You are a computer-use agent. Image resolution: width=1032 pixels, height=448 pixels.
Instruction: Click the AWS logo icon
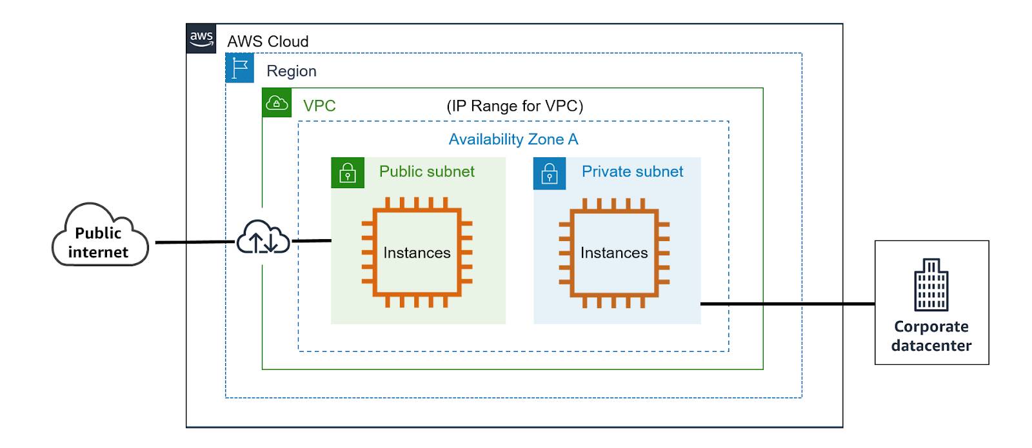(201, 38)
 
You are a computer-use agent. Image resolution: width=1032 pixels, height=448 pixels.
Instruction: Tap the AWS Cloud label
(268, 41)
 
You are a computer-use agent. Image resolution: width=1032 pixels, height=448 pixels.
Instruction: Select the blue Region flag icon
(239, 68)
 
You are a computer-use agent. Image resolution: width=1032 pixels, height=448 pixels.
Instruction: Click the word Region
(292, 71)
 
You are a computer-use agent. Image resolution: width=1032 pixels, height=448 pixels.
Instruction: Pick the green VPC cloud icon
(277, 102)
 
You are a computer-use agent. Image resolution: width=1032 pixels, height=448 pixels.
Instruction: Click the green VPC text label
(319, 106)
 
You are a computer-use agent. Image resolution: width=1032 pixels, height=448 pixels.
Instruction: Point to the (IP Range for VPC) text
(515, 106)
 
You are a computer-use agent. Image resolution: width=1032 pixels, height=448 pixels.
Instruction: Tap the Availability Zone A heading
(513, 139)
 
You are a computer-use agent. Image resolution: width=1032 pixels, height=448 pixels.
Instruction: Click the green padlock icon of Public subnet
(348, 173)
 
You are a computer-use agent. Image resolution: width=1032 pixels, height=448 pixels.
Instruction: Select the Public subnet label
(426, 171)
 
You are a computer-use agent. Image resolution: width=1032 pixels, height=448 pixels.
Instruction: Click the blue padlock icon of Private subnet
(549, 173)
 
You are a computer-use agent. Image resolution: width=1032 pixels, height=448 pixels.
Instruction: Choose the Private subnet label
(632, 171)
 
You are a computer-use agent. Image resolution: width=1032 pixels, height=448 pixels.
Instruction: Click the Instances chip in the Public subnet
(417, 252)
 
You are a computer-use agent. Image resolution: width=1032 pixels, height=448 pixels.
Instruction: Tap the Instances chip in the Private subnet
(613, 253)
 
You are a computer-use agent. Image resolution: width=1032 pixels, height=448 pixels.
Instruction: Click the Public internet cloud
(100, 235)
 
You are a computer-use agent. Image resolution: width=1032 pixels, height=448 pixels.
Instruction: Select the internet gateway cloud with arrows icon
(263, 237)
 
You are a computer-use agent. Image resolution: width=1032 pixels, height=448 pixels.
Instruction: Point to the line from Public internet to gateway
(195, 242)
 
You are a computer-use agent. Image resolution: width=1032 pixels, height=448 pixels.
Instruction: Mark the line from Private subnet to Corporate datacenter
(788, 304)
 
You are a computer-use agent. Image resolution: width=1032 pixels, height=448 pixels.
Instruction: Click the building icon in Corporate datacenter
(931, 284)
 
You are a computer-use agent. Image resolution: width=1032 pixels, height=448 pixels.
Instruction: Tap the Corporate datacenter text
(931, 336)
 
